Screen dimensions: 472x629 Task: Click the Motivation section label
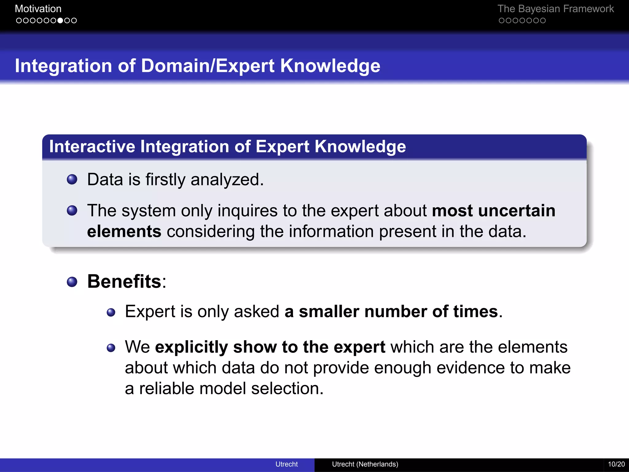38,9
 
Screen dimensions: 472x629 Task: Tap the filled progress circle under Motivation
60,21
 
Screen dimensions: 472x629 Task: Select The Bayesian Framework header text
555,9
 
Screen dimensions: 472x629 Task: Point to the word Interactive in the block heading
92,146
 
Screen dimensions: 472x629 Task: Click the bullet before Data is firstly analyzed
72,179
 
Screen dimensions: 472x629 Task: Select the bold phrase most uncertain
493,211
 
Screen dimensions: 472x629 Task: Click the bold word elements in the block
124,231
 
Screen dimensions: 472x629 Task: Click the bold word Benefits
124,281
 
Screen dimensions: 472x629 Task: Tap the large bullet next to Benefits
72,282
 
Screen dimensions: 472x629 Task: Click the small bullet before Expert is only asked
111,313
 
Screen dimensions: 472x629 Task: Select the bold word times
475,312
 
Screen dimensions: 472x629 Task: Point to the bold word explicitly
191,347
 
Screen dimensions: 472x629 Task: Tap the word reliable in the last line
166,388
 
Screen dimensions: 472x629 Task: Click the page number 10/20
616,464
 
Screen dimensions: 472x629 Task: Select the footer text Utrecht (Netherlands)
365,464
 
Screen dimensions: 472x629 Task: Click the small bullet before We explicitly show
111,348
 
